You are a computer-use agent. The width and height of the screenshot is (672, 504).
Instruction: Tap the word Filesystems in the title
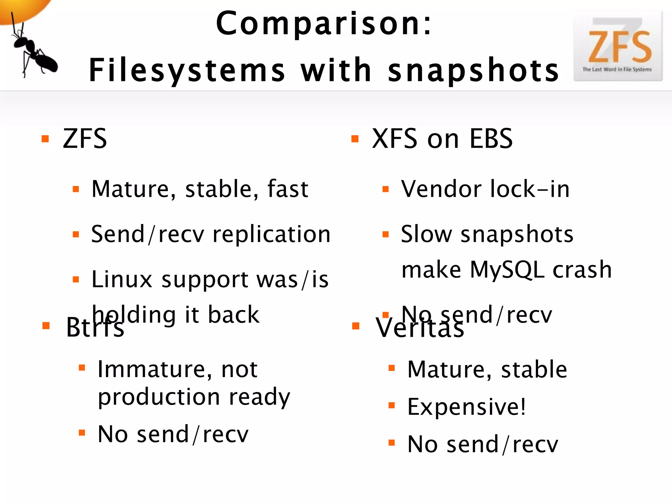point(187,70)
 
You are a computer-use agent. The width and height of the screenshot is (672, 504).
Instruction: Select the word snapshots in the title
point(473,70)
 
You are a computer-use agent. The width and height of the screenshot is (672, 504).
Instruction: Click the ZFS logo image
point(618,46)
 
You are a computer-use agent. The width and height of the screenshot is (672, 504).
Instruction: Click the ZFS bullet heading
point(85,139)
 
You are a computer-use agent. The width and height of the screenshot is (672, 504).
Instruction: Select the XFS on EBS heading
point(442,139)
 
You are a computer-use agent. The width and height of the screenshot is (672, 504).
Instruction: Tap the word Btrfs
point(95,327)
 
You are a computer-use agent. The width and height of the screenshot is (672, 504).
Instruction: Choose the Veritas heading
point(420,327)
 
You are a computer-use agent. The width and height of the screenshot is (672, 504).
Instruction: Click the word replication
point(271,234)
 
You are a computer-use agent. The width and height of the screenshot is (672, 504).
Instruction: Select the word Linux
point(122,280)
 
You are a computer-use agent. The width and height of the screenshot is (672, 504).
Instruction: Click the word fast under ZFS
point(288,189)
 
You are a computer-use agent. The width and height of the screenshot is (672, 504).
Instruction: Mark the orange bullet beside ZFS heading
point(45,139)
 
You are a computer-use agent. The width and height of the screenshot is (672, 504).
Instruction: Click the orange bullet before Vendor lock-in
point(386,189)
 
